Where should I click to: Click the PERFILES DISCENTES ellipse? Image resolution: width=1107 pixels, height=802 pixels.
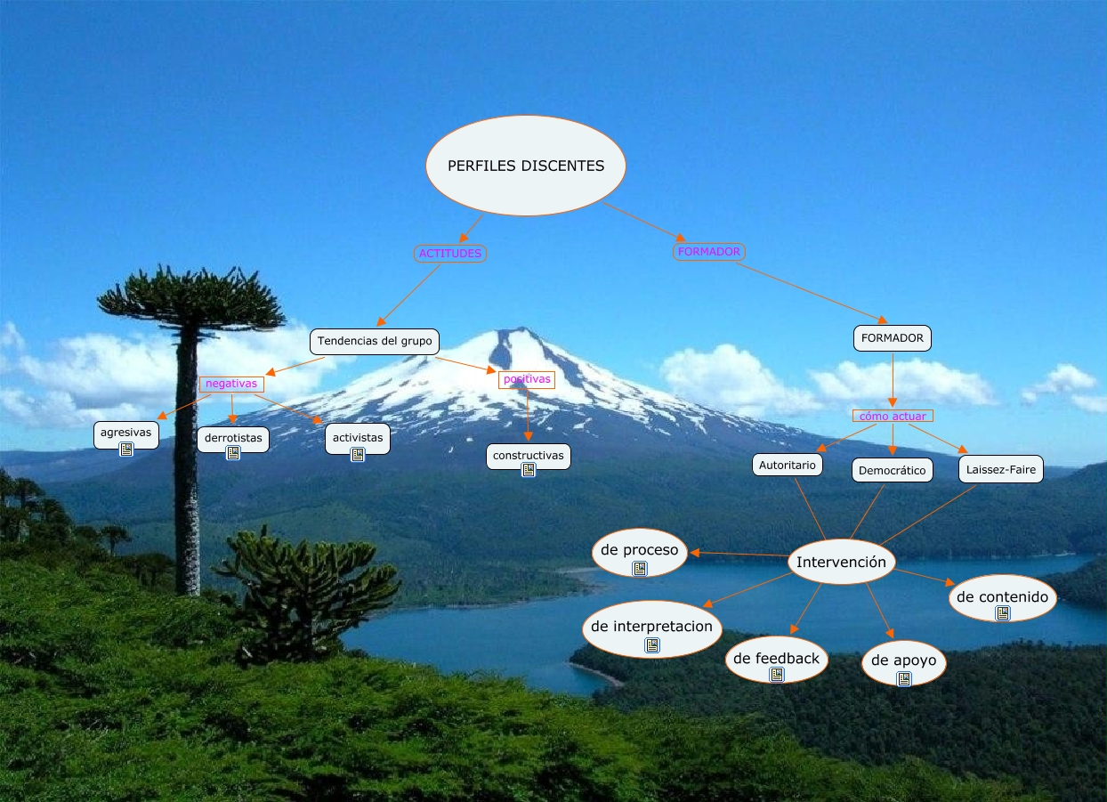526,166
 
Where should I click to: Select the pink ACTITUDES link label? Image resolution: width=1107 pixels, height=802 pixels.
450,254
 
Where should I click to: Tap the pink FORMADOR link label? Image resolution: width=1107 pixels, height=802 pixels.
708,252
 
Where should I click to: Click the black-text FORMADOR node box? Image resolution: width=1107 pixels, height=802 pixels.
893,338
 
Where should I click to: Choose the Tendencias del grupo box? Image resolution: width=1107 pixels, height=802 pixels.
375,341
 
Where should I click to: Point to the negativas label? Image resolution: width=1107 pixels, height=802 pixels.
231,384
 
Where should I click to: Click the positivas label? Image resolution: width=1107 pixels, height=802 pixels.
527,379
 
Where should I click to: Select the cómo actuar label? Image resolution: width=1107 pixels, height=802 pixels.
892,416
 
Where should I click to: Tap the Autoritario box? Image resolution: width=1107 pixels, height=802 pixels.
787,465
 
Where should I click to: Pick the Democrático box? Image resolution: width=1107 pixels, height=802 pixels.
892,470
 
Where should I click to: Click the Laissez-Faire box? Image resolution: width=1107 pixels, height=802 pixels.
1001,469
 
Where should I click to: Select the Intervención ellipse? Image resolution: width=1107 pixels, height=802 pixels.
841,563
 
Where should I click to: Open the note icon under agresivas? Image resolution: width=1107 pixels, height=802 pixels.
126,450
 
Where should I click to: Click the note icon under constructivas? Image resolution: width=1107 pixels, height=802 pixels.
529,470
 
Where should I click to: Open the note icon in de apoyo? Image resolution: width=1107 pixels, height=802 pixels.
904,679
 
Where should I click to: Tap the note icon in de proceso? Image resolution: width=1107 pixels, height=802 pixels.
639,568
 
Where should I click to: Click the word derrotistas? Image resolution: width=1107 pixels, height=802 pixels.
233,437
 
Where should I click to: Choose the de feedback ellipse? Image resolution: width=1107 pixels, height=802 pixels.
776,659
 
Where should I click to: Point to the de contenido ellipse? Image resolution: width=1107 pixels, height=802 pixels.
1002,597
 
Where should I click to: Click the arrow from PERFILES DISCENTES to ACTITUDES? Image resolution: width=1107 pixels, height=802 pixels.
472,228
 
